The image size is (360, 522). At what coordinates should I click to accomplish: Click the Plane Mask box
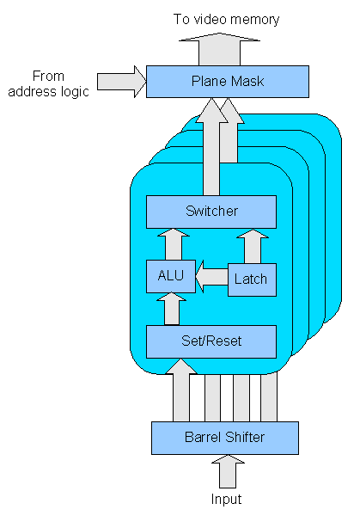click(227, 82)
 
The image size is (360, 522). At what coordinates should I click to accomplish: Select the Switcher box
click(211, 211)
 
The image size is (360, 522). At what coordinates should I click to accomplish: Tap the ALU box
click(170, 277)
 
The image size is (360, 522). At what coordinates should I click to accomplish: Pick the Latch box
click(251, 278)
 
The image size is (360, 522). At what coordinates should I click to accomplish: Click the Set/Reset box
click(211, 341)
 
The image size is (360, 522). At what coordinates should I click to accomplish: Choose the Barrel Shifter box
click(224, 438)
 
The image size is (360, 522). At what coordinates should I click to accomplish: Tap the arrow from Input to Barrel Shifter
click(227, 472)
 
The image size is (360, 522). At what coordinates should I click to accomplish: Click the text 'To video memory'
click(226, 19)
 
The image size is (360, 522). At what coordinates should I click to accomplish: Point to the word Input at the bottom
click(227, 500)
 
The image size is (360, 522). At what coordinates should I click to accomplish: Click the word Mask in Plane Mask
click(247, 82)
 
